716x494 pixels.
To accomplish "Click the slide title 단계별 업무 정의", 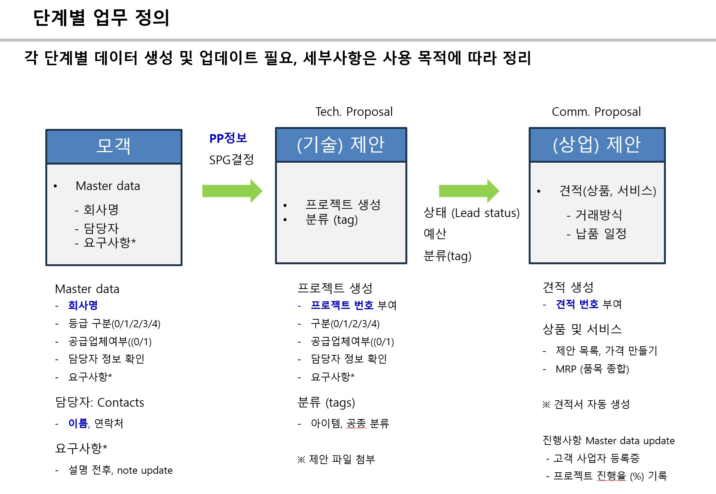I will point(101,18).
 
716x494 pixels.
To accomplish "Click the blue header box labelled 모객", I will point(114,147).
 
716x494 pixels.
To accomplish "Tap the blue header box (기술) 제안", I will point(341,145).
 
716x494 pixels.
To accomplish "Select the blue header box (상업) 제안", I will point(597,145).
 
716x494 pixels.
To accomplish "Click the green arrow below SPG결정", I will point(232,191).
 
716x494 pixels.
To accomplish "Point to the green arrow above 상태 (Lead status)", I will point(469,191).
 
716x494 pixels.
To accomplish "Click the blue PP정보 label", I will point(228,138).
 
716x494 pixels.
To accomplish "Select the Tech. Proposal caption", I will point(354,112).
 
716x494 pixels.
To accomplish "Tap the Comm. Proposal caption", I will point(596,112).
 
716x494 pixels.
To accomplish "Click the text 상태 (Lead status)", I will point(471,213).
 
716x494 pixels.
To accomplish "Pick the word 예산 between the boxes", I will point(435,234).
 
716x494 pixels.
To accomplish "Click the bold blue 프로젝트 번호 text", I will point(342,305).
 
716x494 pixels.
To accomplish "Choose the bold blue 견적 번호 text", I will point(577,304).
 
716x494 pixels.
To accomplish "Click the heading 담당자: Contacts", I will point(99,402).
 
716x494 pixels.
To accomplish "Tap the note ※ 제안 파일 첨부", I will point(336,459).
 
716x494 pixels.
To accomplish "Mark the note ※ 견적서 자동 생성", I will point(586,404).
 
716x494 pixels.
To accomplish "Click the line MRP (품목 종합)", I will point(592,369).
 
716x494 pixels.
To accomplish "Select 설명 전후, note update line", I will point(120,470).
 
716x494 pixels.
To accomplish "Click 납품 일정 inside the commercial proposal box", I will point(601,234).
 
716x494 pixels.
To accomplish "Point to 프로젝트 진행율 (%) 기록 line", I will point(610,476).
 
